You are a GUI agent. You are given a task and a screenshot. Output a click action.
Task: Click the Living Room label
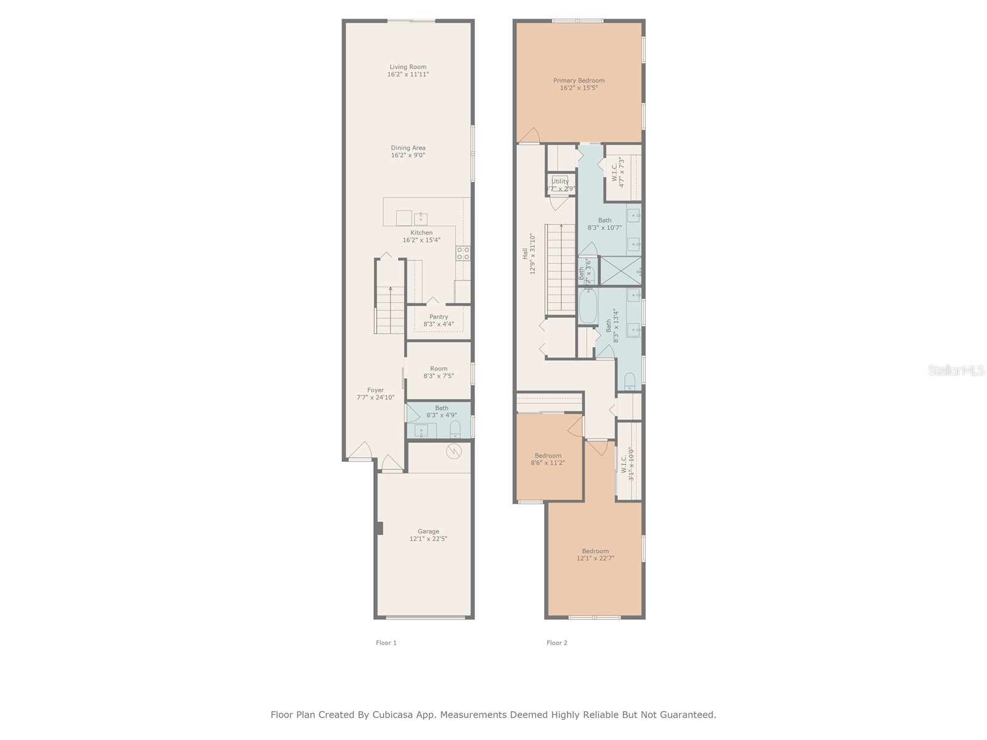click(x=408, y=67)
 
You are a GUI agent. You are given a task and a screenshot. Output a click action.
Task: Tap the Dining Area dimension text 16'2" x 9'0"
click(x=408, y=155)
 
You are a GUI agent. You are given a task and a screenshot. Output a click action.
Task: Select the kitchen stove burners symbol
click(x=463, y=253)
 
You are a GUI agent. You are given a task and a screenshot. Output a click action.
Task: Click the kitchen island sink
click(x=421, y=218)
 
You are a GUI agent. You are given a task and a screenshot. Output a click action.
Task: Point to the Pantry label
click(x=439, y=317)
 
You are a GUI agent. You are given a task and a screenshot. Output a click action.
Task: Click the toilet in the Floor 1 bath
click(x=455, y=429)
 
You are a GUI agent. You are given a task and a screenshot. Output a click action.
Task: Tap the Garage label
click(x=428, y=532)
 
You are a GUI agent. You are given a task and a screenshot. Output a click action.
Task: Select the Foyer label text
click(x=375, y=390)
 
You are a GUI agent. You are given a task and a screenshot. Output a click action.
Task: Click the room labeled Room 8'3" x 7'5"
click(x=439, y=372)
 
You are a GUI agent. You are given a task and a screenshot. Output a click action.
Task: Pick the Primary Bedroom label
click(x=579, y=81)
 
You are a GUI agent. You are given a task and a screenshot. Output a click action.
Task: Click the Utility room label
click(x=560, y=181)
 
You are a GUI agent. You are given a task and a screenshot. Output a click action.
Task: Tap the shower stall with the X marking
click(x=621, y=271)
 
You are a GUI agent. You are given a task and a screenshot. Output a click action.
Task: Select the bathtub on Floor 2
click(x=587, y=306)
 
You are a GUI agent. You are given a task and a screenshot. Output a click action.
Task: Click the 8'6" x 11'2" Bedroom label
click(x=548, y=456)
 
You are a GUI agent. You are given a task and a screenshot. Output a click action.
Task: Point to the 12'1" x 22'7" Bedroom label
click(x=595, y=551)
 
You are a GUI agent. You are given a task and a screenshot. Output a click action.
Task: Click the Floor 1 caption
click(x=386, y=643)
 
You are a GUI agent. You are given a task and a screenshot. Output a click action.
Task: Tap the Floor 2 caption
click(x=556, y=643)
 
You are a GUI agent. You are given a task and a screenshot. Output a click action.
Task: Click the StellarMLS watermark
click(x=957, y=371)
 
